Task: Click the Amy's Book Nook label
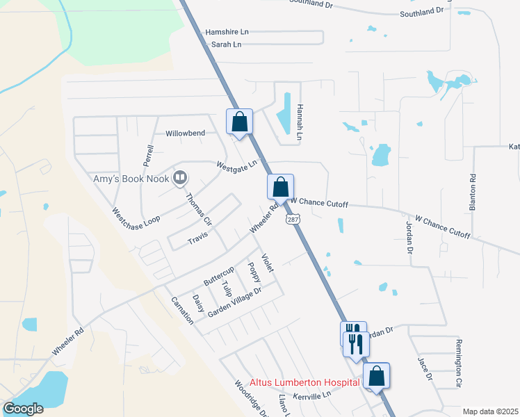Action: click(x=132, y=179)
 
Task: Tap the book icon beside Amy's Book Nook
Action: click(x=180, y=179)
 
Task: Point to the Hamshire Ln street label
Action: click(x=227, y=33)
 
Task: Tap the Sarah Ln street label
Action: click(x=227, y=44)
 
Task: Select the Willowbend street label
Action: click(x=185, y=133)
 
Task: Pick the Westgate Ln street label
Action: click(x=236, y=165)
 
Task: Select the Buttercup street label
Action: click(x=219, y=276)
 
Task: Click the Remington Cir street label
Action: click(x=458, y=372)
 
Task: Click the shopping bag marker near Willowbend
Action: click(x=239, y=122)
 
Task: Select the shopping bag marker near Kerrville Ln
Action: click(x=376, y=376)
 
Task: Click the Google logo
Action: click(x=24, y=409)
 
